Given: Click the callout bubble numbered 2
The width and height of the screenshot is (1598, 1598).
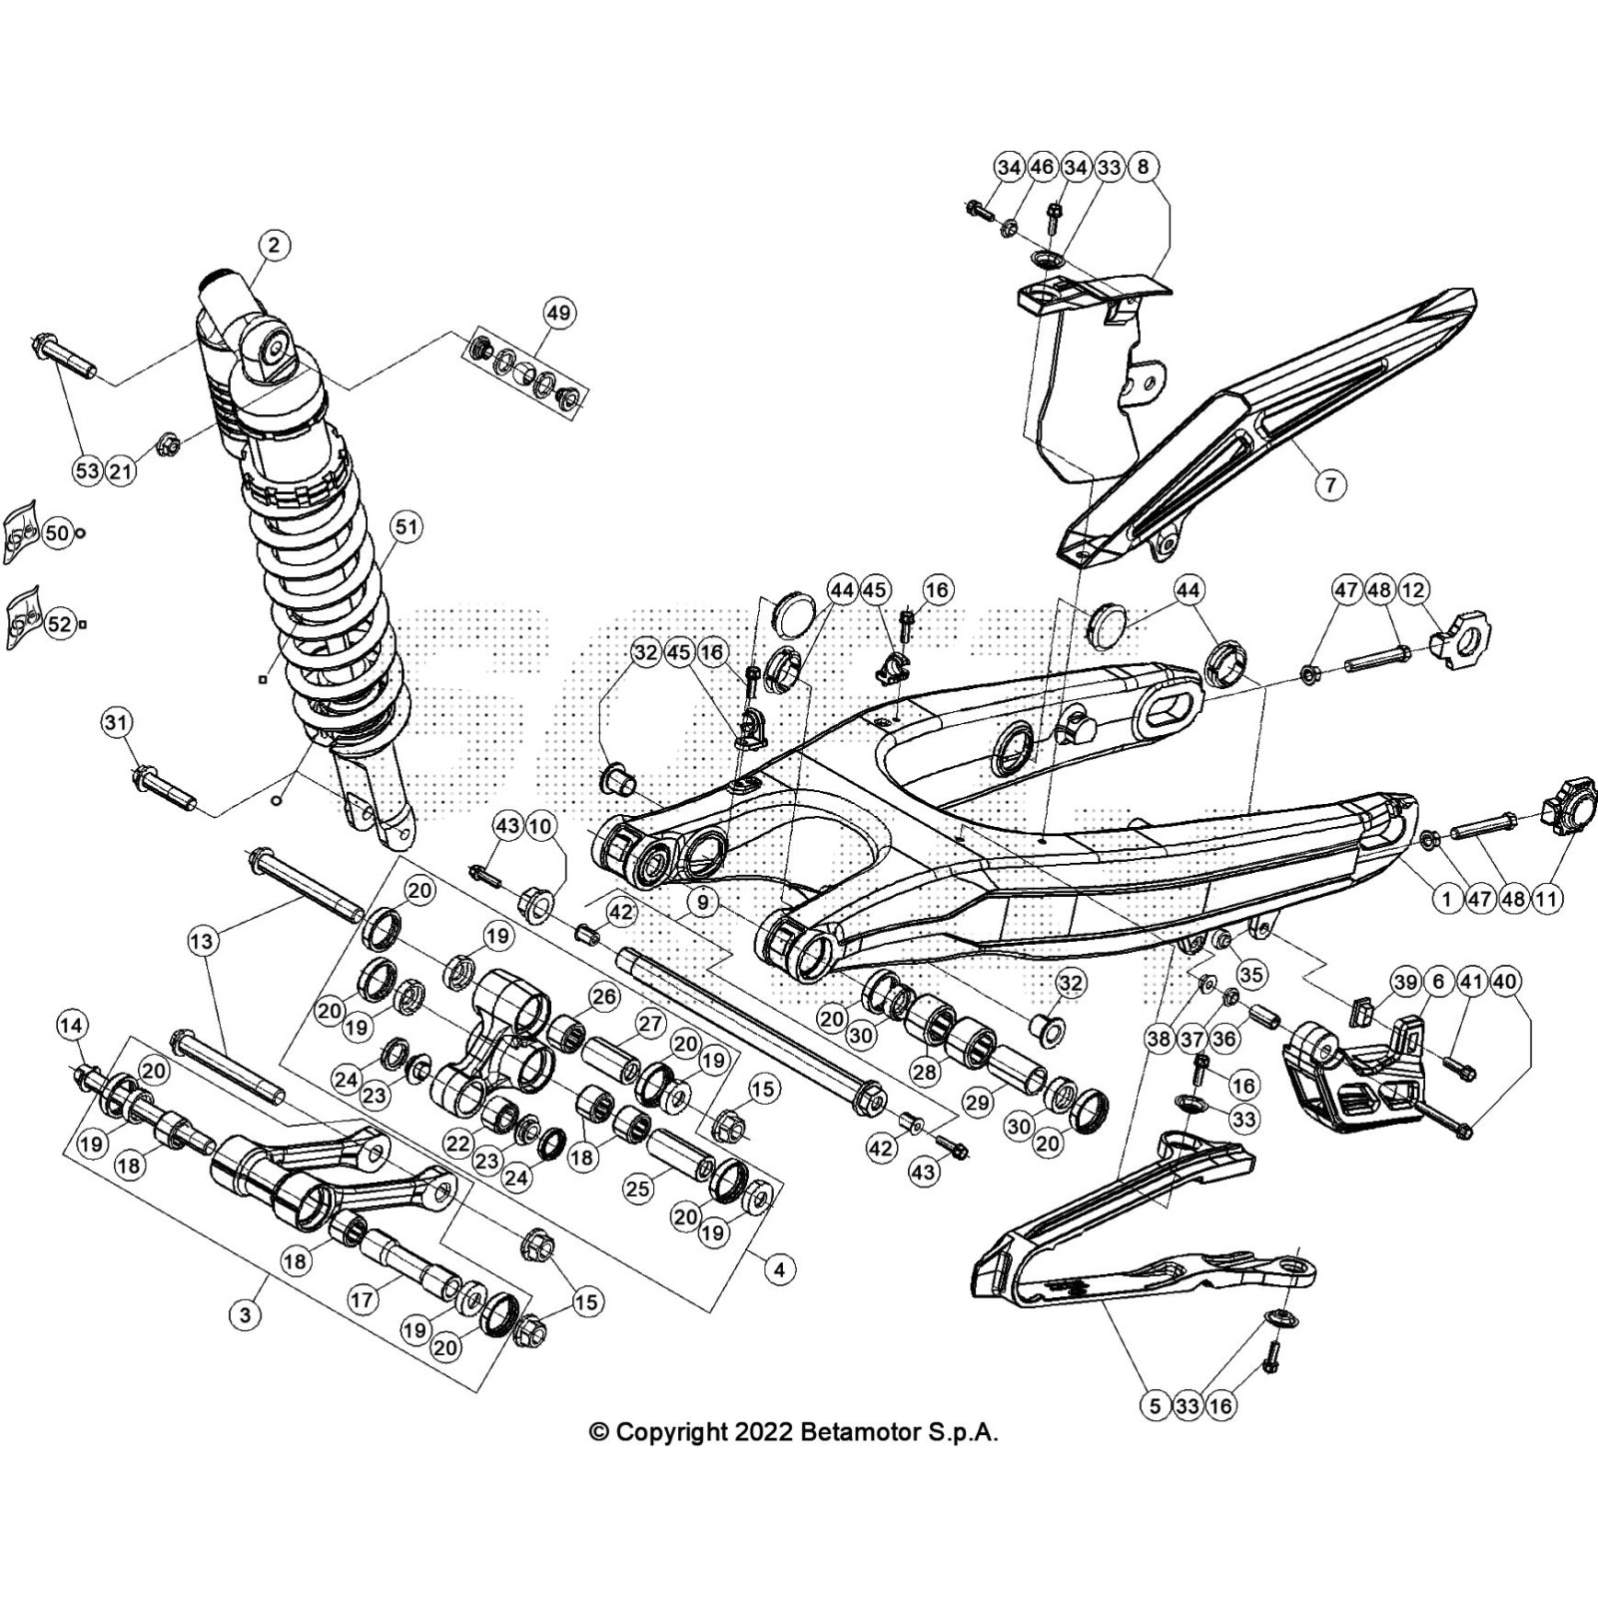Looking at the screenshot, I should pyautogui.click(x=274, y=245).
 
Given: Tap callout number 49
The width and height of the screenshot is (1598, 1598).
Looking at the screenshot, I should pyautogui.click(x=558, y=313).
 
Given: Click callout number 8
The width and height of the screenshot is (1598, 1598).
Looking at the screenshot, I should pyautogui.click(x=1144, y=166).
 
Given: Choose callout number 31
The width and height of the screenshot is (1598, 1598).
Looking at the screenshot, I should pyautogui.click(x=118, y=722).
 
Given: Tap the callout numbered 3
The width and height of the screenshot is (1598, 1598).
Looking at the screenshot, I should pyautogui.click(x=247, y=1314).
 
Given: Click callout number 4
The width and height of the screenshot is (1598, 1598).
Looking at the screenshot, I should pyautogui.click(x=779, y=1269).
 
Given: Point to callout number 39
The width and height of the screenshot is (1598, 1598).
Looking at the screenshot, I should pyautogui.click(x=1406, y=983).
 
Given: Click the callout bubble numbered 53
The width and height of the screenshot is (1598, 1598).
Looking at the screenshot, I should pyautogui.click(x=88, y=470).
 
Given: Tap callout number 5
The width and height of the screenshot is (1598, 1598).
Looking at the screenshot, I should pyautogui.click(x=1155, y=1406).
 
